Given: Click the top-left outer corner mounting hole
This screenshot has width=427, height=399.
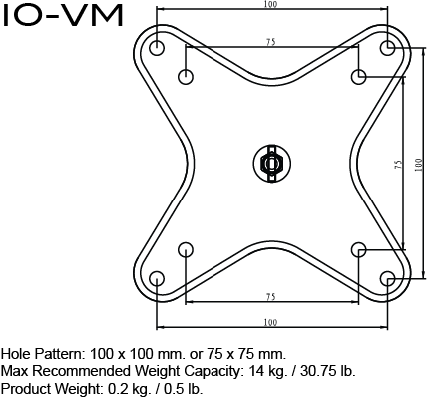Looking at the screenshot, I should click(157, 48).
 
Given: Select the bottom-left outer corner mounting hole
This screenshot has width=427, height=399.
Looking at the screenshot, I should click(157, 280).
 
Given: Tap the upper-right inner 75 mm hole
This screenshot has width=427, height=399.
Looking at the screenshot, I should click(359, 77).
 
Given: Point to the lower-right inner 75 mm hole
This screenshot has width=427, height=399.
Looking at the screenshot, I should click(359, 250).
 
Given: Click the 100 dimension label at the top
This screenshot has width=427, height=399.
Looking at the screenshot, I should click(271, 5).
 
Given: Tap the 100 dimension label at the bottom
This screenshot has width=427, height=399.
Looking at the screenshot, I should click(271, 322).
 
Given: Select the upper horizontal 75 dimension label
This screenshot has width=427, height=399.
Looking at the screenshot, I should click(271, 42).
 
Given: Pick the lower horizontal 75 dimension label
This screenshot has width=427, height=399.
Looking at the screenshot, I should click(271, 297).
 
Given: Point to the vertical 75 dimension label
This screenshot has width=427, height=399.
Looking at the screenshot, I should click(397, 164).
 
